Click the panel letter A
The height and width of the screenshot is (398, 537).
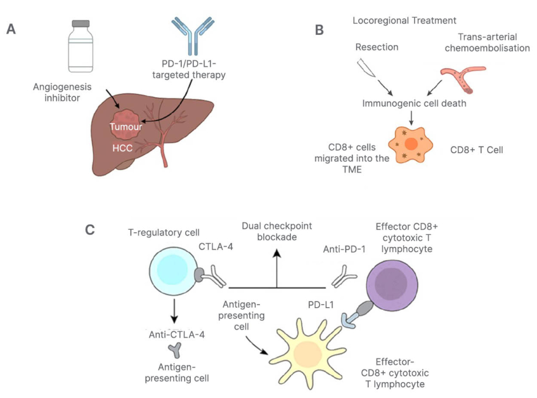coord(11,29)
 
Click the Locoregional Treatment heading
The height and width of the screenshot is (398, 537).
coord(404,21)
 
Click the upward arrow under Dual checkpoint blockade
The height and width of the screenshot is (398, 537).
coord(277,269)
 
